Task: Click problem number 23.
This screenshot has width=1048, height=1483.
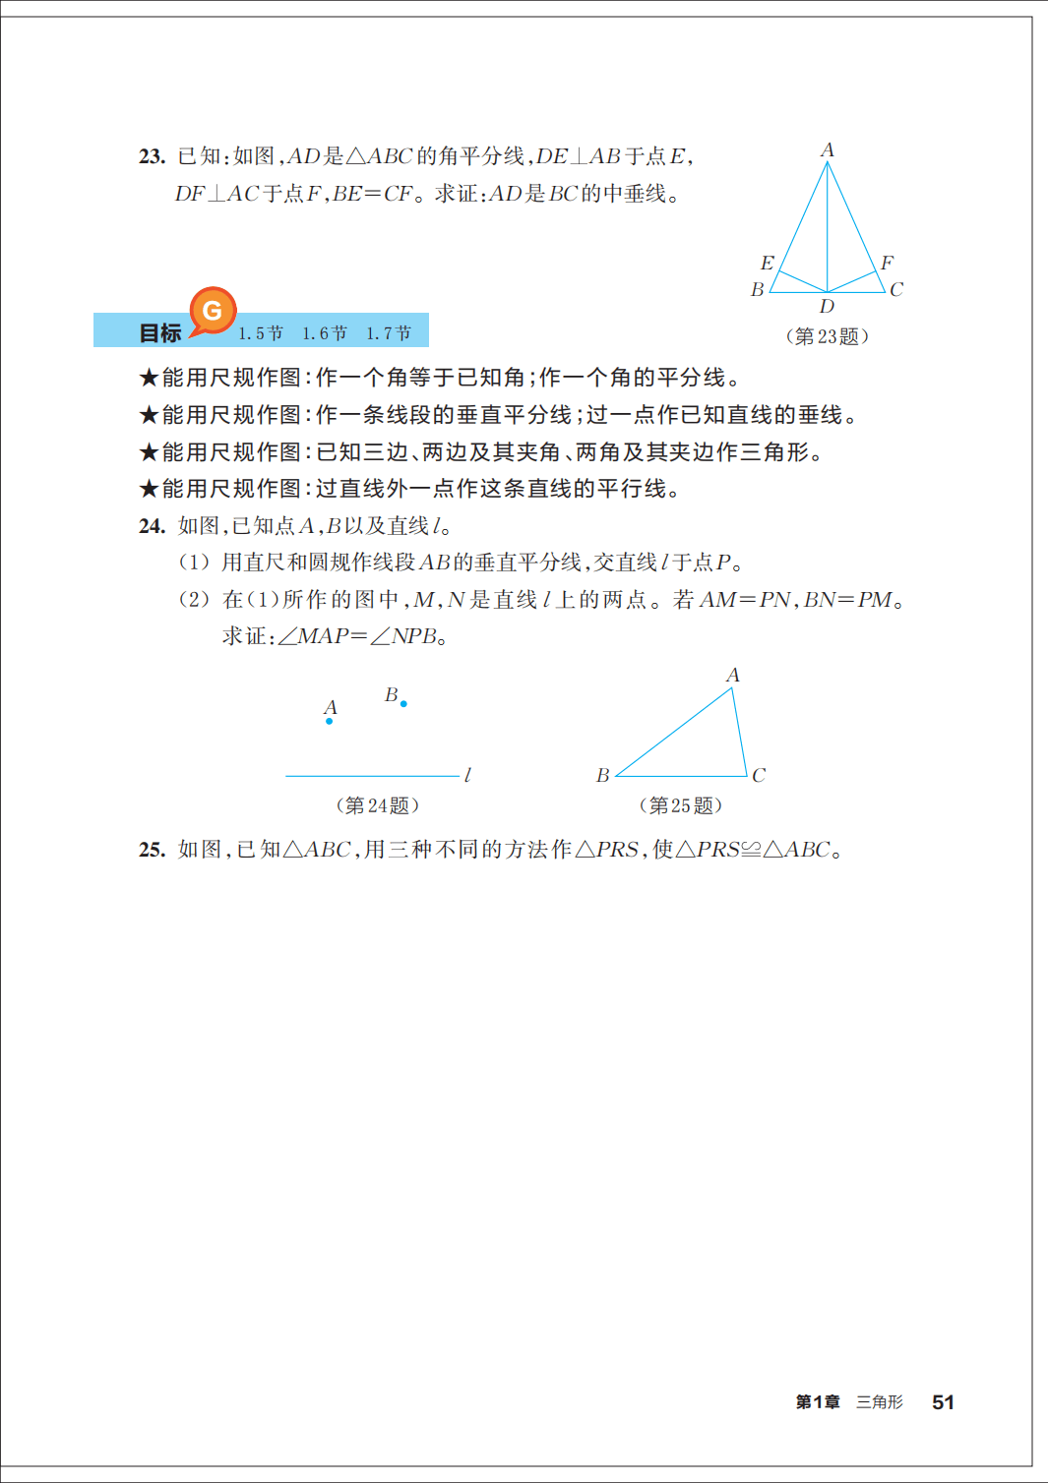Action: pos(152,156)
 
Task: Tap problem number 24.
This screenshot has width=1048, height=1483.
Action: pos(152,526)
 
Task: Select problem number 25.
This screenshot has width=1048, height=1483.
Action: pos(152,850)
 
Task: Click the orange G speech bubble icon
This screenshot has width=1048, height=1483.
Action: pos(213,312)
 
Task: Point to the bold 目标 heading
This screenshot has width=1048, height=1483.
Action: pos(160,333)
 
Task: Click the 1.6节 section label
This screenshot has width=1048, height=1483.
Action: pos(325,333)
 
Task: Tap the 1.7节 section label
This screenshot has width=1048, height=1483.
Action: pos(389,333)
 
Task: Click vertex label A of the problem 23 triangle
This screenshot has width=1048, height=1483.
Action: pos(828,150)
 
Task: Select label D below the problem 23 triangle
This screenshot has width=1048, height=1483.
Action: pos(827,307)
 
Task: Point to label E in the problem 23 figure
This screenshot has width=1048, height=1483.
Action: pos(767,263)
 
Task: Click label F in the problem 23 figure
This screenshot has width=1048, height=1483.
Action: pos(887,263)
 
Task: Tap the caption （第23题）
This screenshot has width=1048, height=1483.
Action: pos(827,336)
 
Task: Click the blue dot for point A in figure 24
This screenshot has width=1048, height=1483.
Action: pos(330,722)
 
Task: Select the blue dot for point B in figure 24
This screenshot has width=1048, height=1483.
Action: pos(403,704)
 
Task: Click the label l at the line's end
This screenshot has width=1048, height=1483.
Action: pos(467,776)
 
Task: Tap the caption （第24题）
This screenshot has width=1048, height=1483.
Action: pos(377,805)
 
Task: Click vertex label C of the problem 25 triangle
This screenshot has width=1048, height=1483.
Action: pos(759,776)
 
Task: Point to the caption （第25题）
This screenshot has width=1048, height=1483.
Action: pos(680,805)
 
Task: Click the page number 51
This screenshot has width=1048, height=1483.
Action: pos(943,1402)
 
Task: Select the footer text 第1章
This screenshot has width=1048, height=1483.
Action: pos(818,1402)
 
